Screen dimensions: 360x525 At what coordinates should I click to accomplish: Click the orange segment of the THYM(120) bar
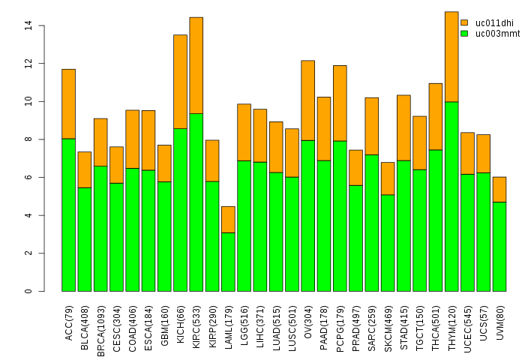pyautogui.click(x=451, y=56)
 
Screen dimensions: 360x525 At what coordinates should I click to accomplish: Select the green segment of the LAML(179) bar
pyautogui.click(x=228, y=262)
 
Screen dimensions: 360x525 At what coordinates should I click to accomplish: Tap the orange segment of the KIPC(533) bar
pyautogui.click(x=196, y=65)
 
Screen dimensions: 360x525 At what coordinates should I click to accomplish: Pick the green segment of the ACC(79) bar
pyautogui.click(x=68, y=214)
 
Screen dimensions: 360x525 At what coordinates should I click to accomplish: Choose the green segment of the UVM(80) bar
pyautogui.click(x=499, y=246)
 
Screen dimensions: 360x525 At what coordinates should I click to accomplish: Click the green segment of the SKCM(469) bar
pyautogui.click(x=388, y=243)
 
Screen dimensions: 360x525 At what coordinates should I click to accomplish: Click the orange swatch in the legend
pyautogui.click(x=464, y=23)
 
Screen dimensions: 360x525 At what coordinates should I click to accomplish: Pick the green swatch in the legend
pyautogui.click(x=464, y=34)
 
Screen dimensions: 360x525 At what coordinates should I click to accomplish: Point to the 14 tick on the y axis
pyautogui.click(x=41, y=25)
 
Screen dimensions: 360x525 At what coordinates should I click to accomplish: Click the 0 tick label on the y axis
pyautogui.click(x=28, y=291)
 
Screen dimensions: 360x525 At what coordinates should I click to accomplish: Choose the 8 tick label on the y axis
pyautogui.click(x=28, y=139)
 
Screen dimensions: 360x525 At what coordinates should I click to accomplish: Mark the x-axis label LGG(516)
pyautogui.click(x=244, y=319)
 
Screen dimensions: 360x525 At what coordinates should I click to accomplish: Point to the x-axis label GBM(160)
pyautogui.click(x=165, y=320)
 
